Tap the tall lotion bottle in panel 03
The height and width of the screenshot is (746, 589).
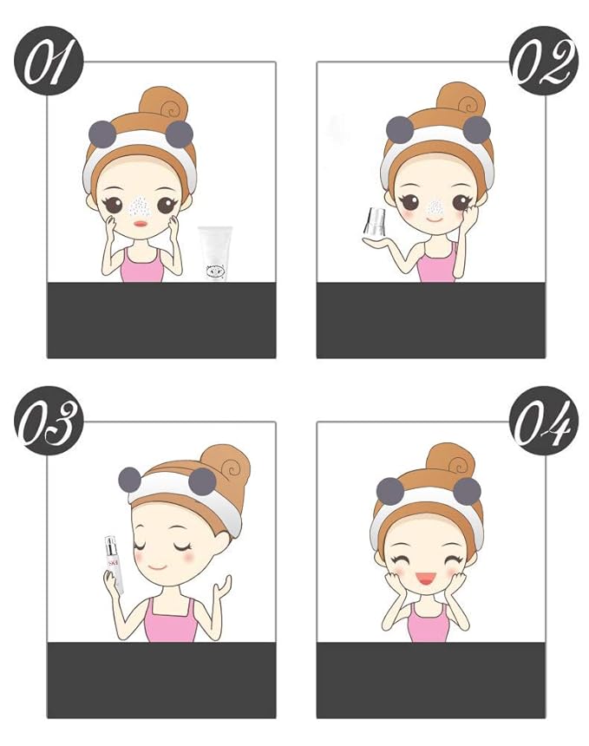pyautogui.click(x=114, y=564)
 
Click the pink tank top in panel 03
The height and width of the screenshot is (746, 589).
pyautogui.click(x=169, y=621)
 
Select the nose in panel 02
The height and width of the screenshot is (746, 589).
pyautogui.click(x=429, y=206)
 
